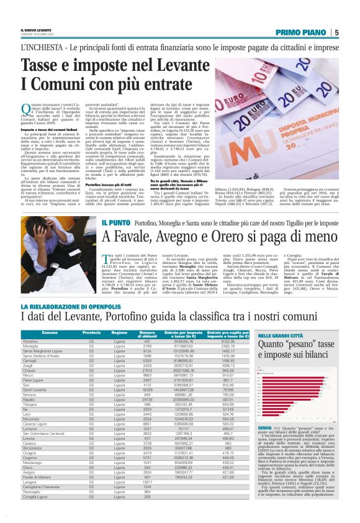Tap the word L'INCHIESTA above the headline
[38, 47]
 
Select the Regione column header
[120, 334]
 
